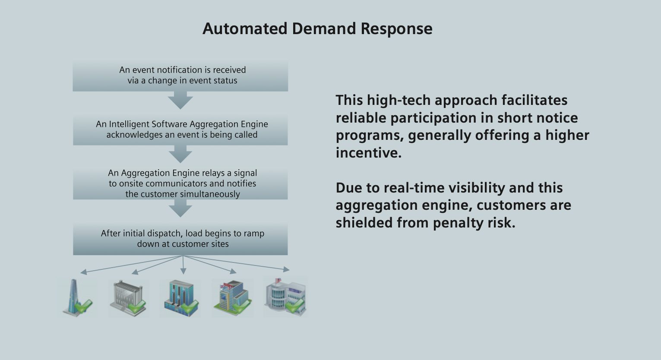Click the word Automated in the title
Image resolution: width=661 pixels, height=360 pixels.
click(x=244, y=29)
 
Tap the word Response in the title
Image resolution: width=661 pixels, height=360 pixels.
click(x=396, y=29)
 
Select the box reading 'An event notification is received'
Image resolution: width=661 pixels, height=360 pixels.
click(x=180, y=76)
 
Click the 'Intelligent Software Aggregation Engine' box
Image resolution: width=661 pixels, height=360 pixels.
click(x=180, y=129)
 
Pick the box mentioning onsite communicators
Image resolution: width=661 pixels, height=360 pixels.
click(x=180, y=183)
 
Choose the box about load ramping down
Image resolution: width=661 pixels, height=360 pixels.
click(x=180, y=239)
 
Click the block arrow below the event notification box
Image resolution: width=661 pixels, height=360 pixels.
click(x=180, y=101)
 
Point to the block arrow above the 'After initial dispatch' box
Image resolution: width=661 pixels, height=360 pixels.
click(x=180, y=209)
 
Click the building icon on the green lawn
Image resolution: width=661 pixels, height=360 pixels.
click(x=232, y=298)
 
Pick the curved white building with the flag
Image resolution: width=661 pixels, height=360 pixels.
click(x=285, y=297)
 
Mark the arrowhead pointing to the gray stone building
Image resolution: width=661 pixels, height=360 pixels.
click(x=135, y=272)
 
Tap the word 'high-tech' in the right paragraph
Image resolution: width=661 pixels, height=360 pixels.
click(x=398, y=100)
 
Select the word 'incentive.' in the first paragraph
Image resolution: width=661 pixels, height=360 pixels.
click(x=368, y=153)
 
